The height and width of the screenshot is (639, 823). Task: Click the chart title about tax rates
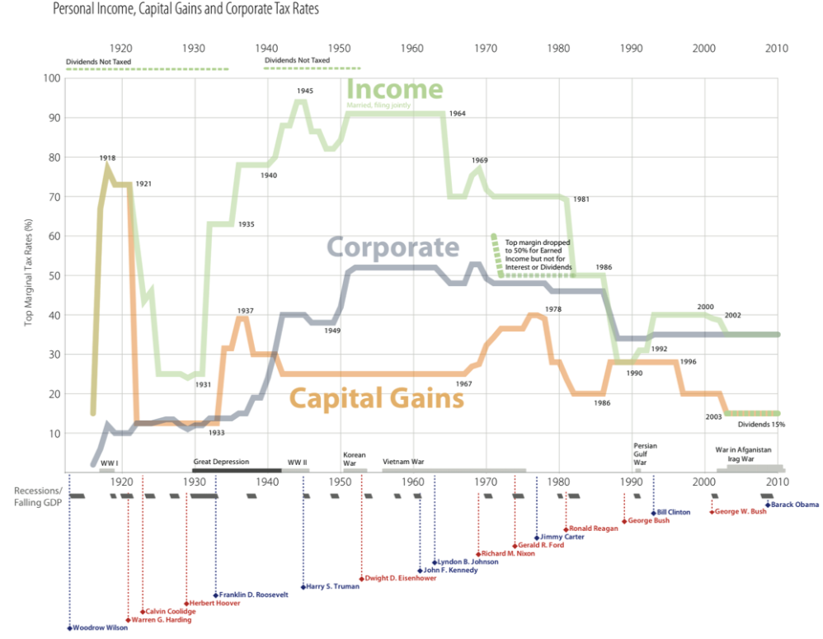pos(186,10)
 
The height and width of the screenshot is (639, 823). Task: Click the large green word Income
pos(395,89)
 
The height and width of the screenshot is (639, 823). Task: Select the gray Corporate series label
pos(393,247)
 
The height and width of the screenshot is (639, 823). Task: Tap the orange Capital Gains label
pos(377,399)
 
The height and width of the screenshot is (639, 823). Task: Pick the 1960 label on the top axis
pos(413,49)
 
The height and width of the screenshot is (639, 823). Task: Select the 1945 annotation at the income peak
pos(305,91)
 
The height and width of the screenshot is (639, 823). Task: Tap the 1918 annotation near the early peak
pos(107,157)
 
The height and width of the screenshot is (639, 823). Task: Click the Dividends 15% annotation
pos(761,425)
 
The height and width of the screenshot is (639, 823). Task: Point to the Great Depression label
pos(221,462)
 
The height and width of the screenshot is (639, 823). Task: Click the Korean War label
pos(354,458)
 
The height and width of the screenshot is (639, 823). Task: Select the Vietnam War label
pos(405,462)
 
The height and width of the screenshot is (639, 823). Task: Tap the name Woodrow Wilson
pos(100,627)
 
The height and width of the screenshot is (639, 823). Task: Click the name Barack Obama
pos(795,505)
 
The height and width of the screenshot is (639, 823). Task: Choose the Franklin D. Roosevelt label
pos(253,594)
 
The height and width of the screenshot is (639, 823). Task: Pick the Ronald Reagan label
pos(594,529)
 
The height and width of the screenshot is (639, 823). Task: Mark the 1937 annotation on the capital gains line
pos(245,311)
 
